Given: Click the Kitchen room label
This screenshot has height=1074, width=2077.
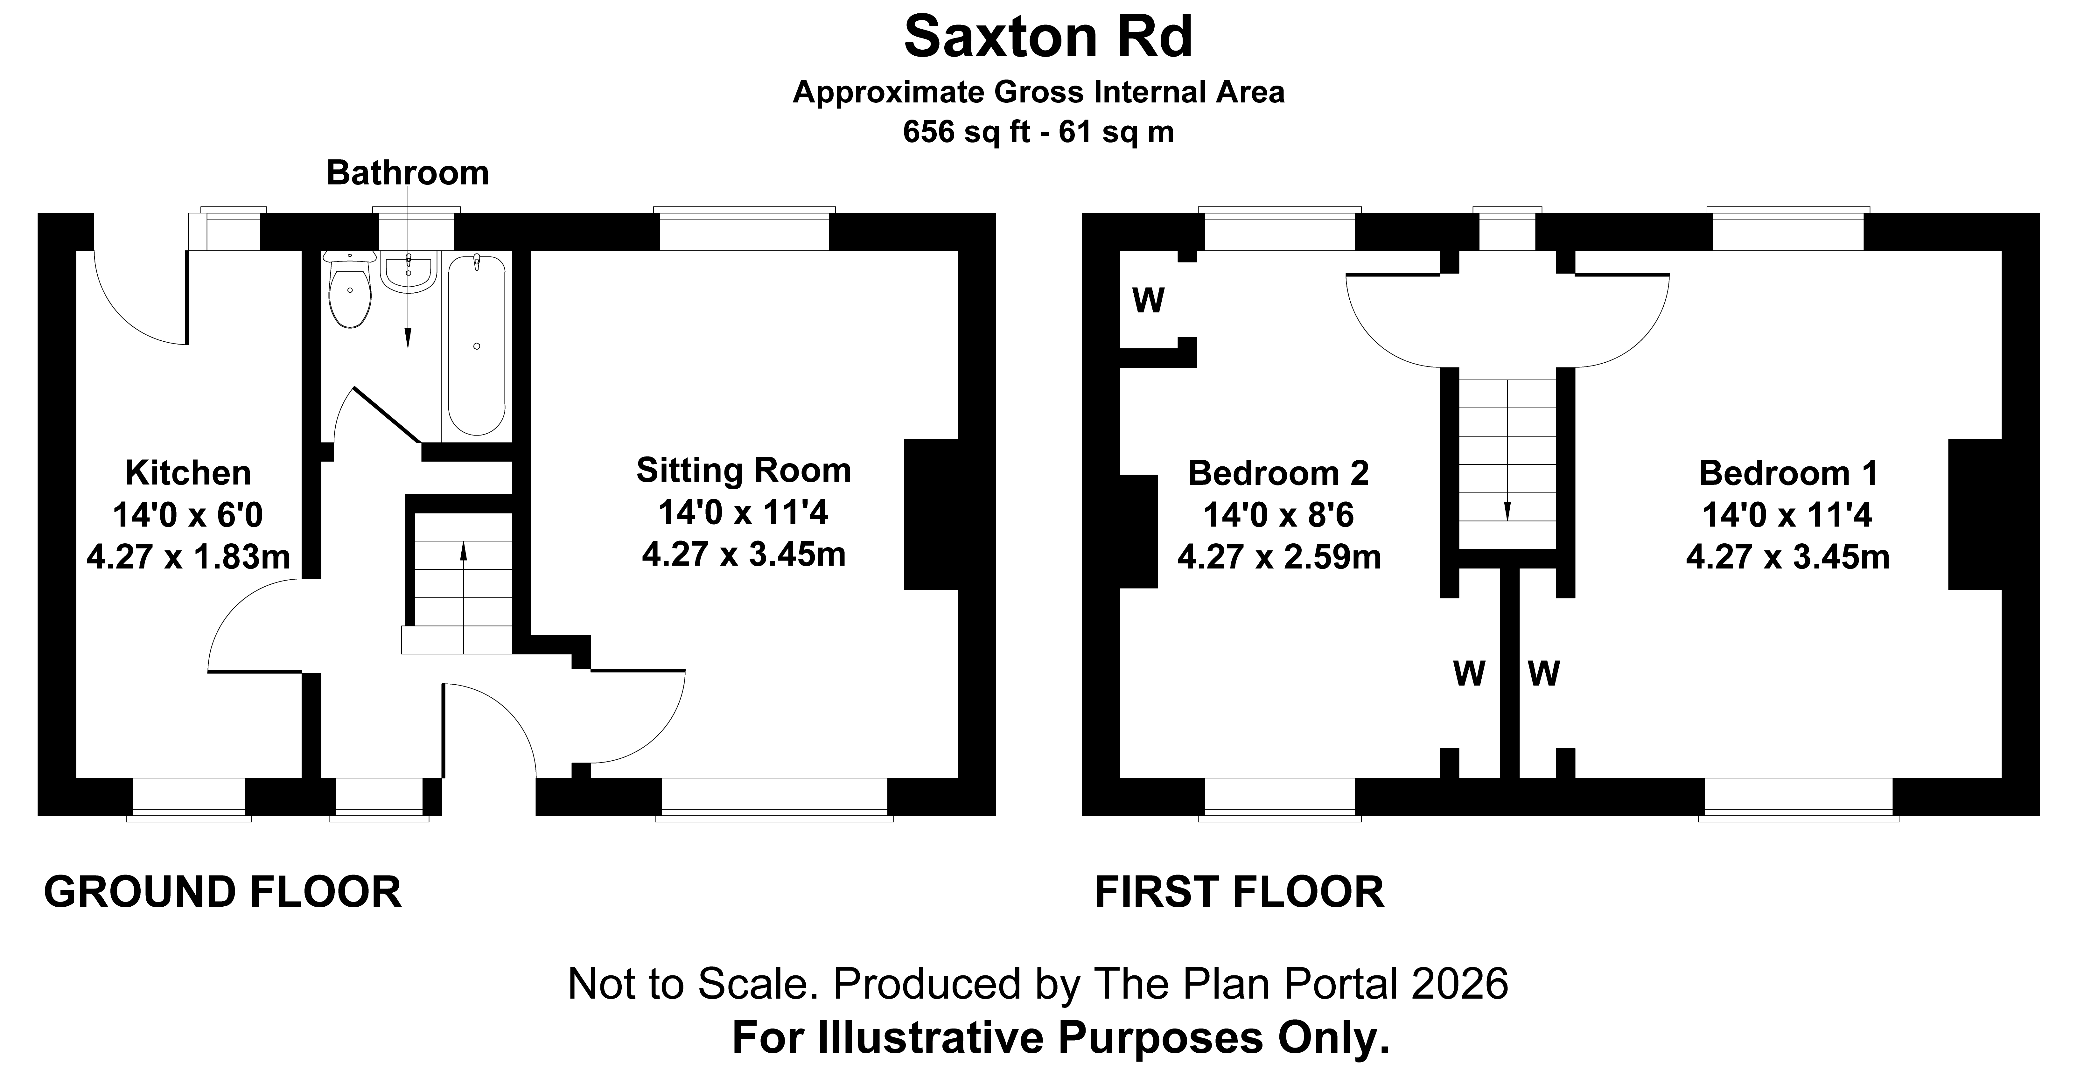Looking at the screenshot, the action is pos(188,472).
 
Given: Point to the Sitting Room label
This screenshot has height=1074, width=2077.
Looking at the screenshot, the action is pos(743,470).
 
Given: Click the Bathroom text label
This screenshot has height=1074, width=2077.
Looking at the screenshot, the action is pos(407,172).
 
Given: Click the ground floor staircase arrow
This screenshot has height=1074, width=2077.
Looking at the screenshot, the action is pos(464,597).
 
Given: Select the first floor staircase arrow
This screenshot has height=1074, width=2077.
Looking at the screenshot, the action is pos(1506,451).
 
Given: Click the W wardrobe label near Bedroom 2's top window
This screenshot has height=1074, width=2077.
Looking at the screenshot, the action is pos(1148,301).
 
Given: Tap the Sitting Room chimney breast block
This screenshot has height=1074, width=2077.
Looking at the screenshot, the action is pos(931,514).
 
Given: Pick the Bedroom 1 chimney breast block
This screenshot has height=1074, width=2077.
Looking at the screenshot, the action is pos(1976,514).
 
